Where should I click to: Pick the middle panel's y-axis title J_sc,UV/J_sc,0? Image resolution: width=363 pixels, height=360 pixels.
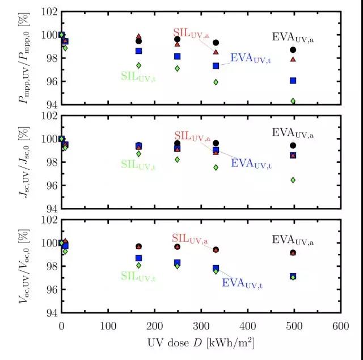[24, 162]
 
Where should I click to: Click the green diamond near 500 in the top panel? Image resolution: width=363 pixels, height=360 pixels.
[293, 101]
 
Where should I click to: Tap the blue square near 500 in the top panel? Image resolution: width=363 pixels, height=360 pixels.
[293, 81]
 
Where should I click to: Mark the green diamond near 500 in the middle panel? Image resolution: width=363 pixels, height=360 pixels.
[293, 180]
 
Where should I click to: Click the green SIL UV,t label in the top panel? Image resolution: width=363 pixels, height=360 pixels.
[138, 76]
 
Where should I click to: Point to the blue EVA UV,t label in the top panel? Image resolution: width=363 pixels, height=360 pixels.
[250, 58]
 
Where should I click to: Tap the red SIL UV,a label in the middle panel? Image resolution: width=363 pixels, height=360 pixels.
[191, 136]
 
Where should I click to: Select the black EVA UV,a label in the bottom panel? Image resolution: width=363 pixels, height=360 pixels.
[293, 240]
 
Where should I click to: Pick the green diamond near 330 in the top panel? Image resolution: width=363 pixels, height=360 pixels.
[216, 82]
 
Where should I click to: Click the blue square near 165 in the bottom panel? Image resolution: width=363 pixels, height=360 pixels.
[139, 258]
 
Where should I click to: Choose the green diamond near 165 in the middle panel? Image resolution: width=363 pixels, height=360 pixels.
[139, 154]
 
